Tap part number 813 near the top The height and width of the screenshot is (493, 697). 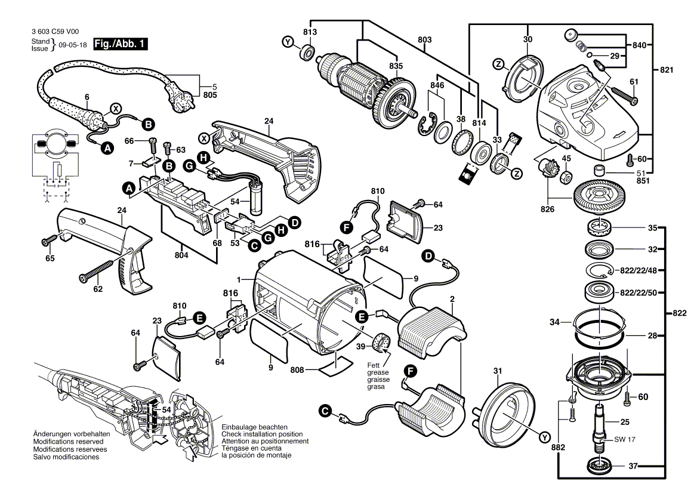[310, 32]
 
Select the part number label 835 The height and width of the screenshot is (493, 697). [396, 66]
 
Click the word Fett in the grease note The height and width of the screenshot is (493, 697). [374, 365]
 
